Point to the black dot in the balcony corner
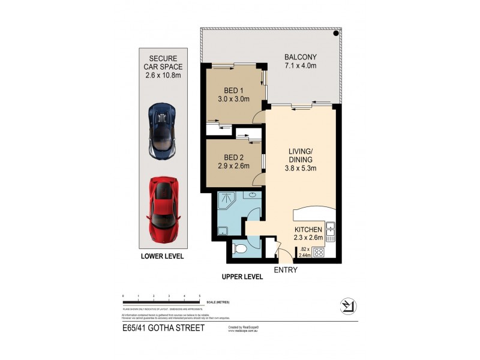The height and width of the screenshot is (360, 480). point(336,34)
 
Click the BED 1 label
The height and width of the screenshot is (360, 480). point(232,90)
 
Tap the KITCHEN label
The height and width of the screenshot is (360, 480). point(309,230)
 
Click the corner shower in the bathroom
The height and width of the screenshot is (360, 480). point(226,199)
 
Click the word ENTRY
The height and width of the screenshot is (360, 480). point(285,270)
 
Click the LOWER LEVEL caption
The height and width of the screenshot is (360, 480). point(162,256)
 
